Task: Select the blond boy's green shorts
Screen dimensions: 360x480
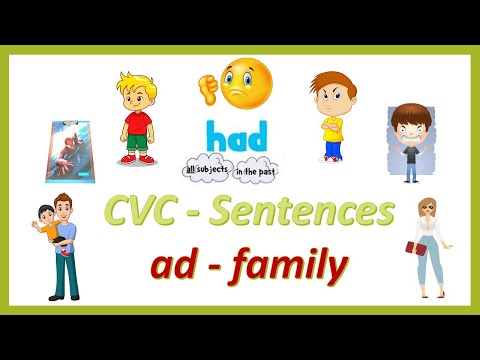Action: [136, 146]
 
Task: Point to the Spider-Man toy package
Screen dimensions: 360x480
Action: [73, 150]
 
